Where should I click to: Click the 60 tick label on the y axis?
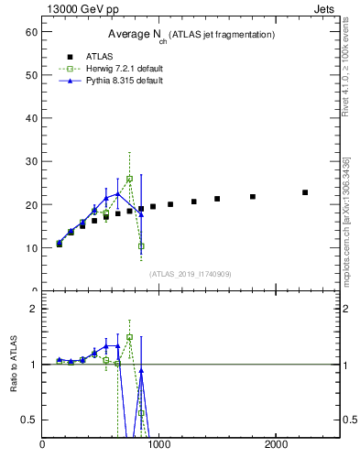pos(30,32)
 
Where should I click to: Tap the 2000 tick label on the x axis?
pos(277,445)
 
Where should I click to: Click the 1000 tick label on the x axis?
pos(158,445)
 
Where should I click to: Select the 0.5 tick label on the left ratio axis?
pos(27,420)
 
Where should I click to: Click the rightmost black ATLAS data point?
pos(305,192)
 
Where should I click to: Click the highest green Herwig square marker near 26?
pos(130,179)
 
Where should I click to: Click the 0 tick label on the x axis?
pos(42,445)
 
